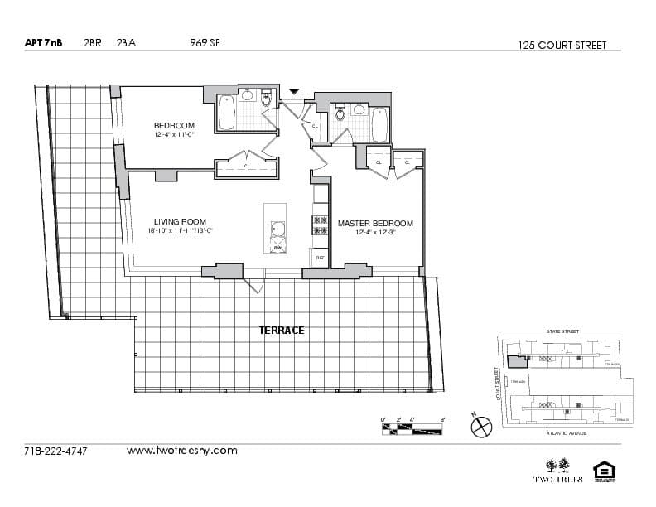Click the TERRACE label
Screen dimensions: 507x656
click(282, 330)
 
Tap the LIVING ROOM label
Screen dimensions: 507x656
click(180, 221)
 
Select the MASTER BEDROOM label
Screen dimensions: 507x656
click(374, 224)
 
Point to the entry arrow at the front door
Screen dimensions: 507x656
click(293, 91)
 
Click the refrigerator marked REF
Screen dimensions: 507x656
click(320, 258)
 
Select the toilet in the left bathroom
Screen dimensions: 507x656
click(266, 100)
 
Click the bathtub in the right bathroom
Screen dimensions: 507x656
click(379, 124)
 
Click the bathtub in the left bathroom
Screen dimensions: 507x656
click(227, 113)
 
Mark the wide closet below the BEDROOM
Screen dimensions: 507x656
click(247, 168)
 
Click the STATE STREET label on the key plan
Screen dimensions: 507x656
click(562, 331)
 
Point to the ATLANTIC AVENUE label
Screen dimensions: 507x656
click(567, 432)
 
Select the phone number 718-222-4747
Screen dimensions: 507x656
click(55, 451)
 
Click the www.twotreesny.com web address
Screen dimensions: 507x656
click(181, 451)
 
